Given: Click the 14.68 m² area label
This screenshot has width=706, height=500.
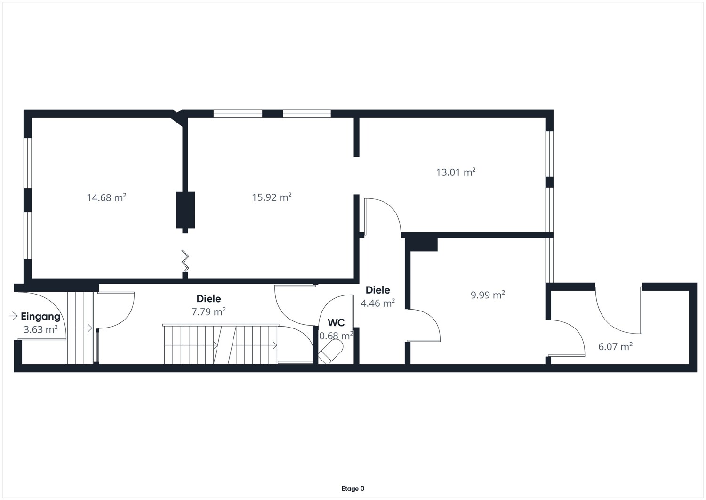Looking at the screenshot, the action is click(x=106, y=197).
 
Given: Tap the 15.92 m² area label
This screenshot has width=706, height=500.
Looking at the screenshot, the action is click(x=272, y=197).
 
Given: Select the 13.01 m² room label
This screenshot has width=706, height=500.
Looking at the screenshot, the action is click(x=456, y=172).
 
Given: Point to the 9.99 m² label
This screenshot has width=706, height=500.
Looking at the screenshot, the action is click(x=488, y=295).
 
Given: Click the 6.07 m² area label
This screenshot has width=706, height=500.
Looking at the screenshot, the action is click(x=616, y=346).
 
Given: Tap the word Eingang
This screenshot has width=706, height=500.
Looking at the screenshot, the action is click(x=40, y=316).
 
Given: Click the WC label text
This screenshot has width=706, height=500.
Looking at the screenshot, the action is click(x=337, y=323).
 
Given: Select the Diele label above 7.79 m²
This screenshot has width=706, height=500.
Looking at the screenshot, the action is click(x=209, y=298).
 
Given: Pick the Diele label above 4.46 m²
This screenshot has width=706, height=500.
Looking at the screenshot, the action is click(x=377, y=290).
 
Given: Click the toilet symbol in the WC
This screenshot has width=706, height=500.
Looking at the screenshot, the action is click(x=330, y=352).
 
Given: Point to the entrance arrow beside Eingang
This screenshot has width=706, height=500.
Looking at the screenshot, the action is click(x=13, y=316).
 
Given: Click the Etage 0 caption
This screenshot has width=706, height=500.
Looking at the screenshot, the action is click(x=353, y=488).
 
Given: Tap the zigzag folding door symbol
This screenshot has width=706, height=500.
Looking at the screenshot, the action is click(x=185, y=261).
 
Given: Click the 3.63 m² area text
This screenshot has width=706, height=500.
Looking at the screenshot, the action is click(x=40, y=329).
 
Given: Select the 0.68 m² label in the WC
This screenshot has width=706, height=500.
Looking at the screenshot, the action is click(x=336, y=336).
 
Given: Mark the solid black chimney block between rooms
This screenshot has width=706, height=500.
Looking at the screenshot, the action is click(x=185, y=210).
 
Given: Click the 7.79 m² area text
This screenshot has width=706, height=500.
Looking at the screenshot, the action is click(x=209, y=311).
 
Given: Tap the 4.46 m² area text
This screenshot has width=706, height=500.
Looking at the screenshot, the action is click(x=377, y=303).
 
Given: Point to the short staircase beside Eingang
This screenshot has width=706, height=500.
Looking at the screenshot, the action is click(x=80, y=328).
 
